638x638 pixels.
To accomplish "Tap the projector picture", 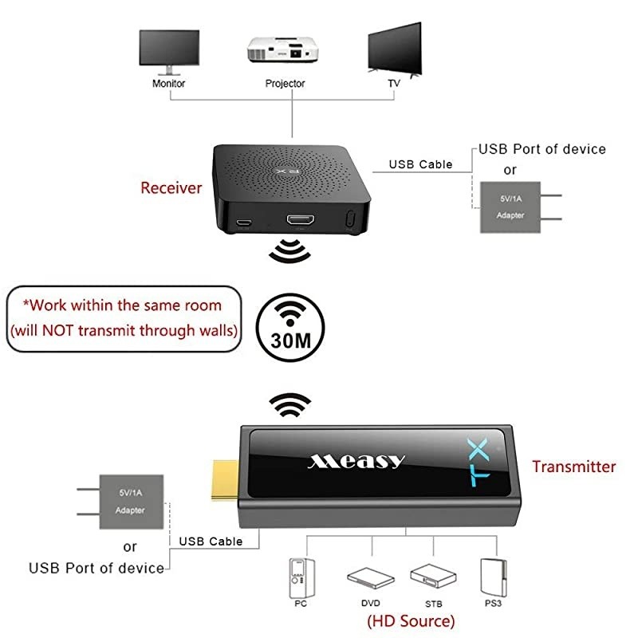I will (285, 52).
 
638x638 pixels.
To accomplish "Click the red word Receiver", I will (171, 188).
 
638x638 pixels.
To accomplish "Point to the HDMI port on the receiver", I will (300, 219).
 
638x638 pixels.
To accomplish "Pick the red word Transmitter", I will (574, 467).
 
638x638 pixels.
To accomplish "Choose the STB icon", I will (432, 575).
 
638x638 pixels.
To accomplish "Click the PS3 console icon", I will (491, 575).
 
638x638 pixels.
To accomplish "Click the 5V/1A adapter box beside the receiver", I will (510, 207).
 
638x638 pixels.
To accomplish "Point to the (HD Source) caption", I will (411, 620).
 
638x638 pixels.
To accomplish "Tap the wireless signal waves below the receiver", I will (289, 252).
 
